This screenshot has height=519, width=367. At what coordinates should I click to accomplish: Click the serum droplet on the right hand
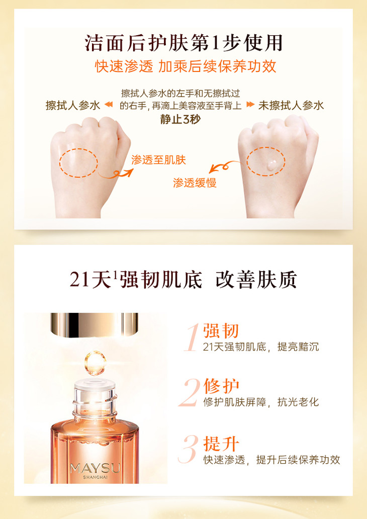coord(271,164)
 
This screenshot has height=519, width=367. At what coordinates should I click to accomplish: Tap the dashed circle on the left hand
coord(60,162)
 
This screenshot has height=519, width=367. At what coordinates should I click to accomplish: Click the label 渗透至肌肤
coord(158,160)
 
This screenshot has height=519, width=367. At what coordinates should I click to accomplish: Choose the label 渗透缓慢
coord(195,183)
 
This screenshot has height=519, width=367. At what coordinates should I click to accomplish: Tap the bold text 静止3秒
coord(180,119)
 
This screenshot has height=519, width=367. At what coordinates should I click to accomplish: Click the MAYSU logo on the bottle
coord(95,468)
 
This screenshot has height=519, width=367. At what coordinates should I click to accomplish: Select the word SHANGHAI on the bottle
coord(95,477)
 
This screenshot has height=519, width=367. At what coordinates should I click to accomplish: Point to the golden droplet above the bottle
coord(95,363)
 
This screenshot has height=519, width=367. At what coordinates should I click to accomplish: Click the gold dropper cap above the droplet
coord(95,325)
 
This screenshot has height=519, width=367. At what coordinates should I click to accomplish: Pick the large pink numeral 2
coord(190,393)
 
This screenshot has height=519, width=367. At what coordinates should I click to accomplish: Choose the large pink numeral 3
coord(189,449)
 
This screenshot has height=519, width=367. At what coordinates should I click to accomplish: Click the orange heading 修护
coord(221,386)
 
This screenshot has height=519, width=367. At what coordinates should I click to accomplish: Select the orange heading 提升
coord(221,444)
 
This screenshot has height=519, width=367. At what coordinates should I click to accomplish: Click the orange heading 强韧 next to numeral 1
coord(221,330)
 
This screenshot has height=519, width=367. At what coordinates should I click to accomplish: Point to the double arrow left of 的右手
coord(109,105)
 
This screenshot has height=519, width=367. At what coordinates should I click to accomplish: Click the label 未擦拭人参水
coord(291,105)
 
